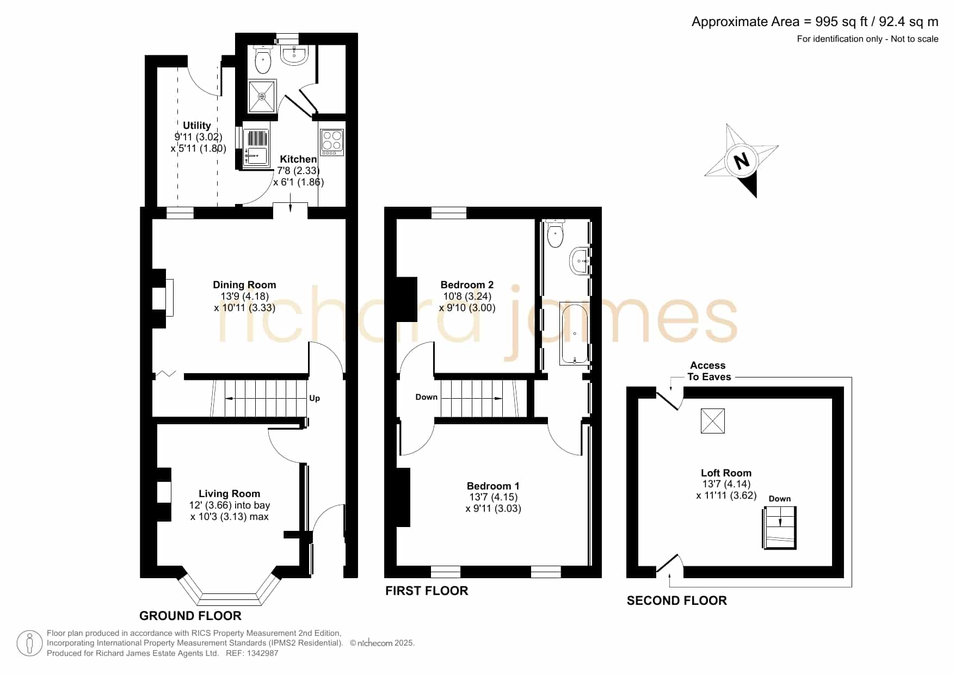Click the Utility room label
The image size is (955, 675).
coord(196,126)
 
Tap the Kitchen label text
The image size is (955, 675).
coord(298,159)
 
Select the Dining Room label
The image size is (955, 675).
coord(244,285)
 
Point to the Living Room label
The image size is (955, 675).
coord(229,494)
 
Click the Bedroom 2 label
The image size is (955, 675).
coord(467,285)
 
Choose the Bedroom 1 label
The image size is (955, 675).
coord(493,486)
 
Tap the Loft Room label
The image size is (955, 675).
coord(726,473)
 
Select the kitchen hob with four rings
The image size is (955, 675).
coord(332,141)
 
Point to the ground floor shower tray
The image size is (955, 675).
coord(262,96)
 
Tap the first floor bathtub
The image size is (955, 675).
coord(575,334)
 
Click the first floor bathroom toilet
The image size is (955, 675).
coord(555,234)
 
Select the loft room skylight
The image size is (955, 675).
coord(712,421)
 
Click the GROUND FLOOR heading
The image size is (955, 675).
coord(190,616)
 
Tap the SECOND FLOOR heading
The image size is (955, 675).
coord(677,600)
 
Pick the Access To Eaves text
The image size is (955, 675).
coord(708,371)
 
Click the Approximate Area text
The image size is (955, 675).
coord(815,22)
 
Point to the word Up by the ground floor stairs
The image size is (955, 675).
coord(315,398)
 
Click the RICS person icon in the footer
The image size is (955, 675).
coord(29,643)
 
